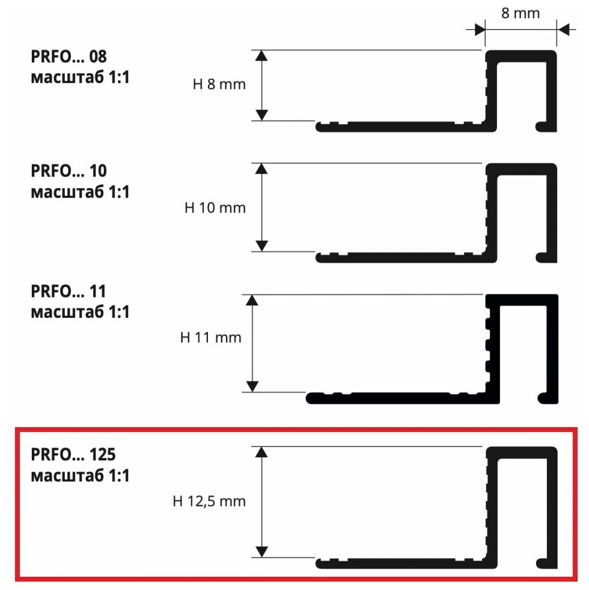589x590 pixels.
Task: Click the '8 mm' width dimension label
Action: pyautogui.click(x=520, y=13)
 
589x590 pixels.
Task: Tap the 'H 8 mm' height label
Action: pyautogui.click(x=219, y=85)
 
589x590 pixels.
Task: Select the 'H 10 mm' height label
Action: pyautogui.click(x=215, y=208)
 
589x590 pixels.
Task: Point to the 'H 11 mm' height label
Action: pyautogui.click(x=210, y=338)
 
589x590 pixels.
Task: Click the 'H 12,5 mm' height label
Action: pyautogui.click(x=209, y=500)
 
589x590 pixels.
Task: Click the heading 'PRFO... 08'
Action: pyautogui.click(x=69, y=57)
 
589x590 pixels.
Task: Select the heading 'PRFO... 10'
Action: pyautogui.click(x=69, y=172)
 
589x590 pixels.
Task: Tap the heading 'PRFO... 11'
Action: pyautogui.click(x=69, y=292)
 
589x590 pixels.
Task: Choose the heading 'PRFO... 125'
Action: pyautogui.click(x=73, y=455)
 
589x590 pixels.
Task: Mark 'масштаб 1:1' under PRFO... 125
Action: pyautogui.click(x=80, y=476)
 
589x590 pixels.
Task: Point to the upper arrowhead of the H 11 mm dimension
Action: pyautogui.click(x=252, y=300)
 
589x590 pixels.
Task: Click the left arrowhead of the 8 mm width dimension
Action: pyautogui.click(x=479, y=29)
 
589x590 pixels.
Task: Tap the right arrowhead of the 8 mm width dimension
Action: pyautogui.click(x=563, y=29)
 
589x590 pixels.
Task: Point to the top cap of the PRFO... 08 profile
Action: pyautogui.click(x=520, y=55)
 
